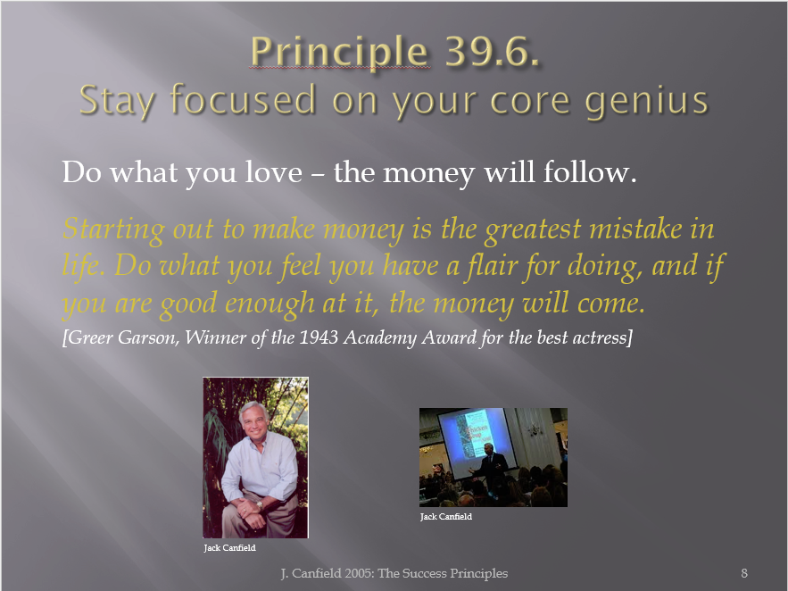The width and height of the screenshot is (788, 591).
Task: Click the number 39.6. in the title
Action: click(x=492, y=51)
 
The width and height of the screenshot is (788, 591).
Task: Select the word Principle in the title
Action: click(x=339, y=53)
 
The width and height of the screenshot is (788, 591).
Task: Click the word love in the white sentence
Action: click(x=273, y=172)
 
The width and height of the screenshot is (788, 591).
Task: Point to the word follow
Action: click(x=590, y=172)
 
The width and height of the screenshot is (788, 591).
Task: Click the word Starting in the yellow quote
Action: click(x=113, y=229)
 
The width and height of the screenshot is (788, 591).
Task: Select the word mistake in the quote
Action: click(x=635, y=229)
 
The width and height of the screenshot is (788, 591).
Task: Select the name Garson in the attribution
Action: click(x=148, y=337)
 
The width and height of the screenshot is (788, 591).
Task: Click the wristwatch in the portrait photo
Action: click(x=260, y=504)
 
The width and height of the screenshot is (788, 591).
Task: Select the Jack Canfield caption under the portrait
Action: click(x=229, y=548)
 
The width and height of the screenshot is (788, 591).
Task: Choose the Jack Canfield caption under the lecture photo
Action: click(x=446, y=517)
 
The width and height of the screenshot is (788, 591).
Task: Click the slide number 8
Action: click(x=744, y=573)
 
